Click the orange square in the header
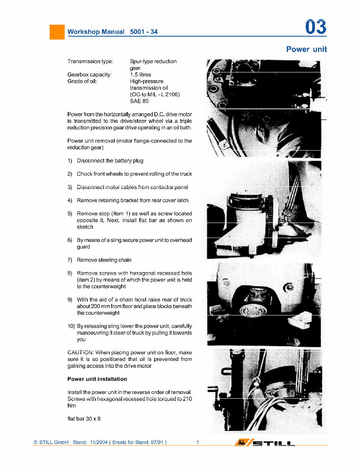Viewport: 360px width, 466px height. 57,32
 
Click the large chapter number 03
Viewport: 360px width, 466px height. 315,27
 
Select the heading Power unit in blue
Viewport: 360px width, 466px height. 306,49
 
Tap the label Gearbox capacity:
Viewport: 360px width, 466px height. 89,75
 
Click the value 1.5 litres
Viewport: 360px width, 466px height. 141,75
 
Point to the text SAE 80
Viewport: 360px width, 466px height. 139,101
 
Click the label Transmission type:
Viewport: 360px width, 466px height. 90,62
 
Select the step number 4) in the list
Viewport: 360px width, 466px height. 70,201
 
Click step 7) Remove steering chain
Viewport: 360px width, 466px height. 104,260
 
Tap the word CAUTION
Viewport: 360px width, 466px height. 80,353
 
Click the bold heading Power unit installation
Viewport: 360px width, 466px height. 97,379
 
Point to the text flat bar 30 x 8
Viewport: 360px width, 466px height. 84,419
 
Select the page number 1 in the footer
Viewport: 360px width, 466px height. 198,443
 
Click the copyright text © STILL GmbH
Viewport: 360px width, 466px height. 51,443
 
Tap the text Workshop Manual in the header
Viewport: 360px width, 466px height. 96,32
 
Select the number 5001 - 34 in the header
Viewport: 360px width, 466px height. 144,32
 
